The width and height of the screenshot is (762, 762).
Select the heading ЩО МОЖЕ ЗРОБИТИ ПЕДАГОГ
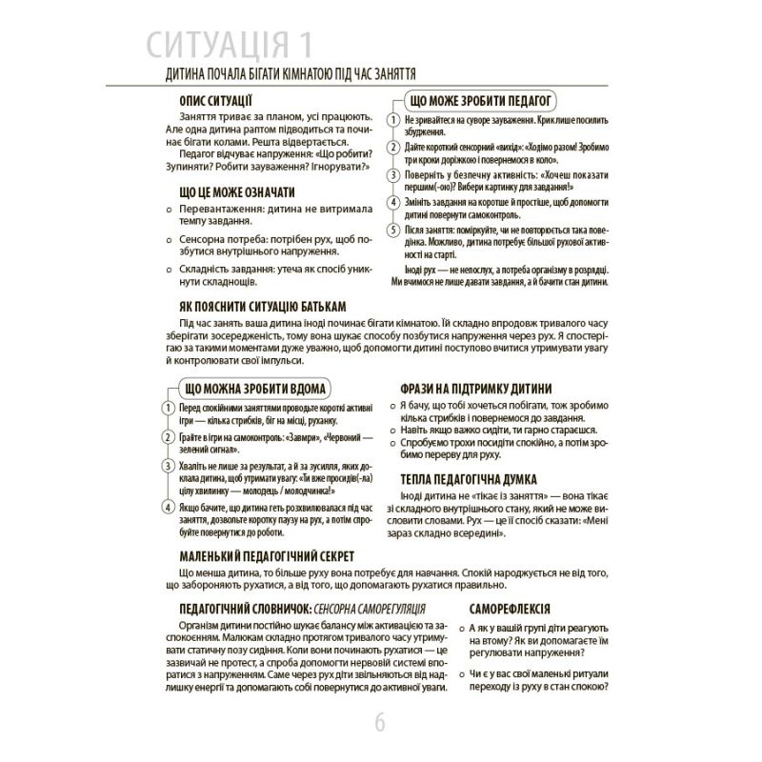pyautogui.click(x=481, y=100)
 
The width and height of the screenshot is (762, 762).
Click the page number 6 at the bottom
pyautogui.click(x=380, y=723)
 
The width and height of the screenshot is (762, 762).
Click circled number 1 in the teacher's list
pyautogui.click(x=393, y=122)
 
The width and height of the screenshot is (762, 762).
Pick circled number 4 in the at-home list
pyautogui.click(x=168, y=506)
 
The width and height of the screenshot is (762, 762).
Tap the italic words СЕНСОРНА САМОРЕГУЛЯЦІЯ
pyautogui.click(x=357, y=608)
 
